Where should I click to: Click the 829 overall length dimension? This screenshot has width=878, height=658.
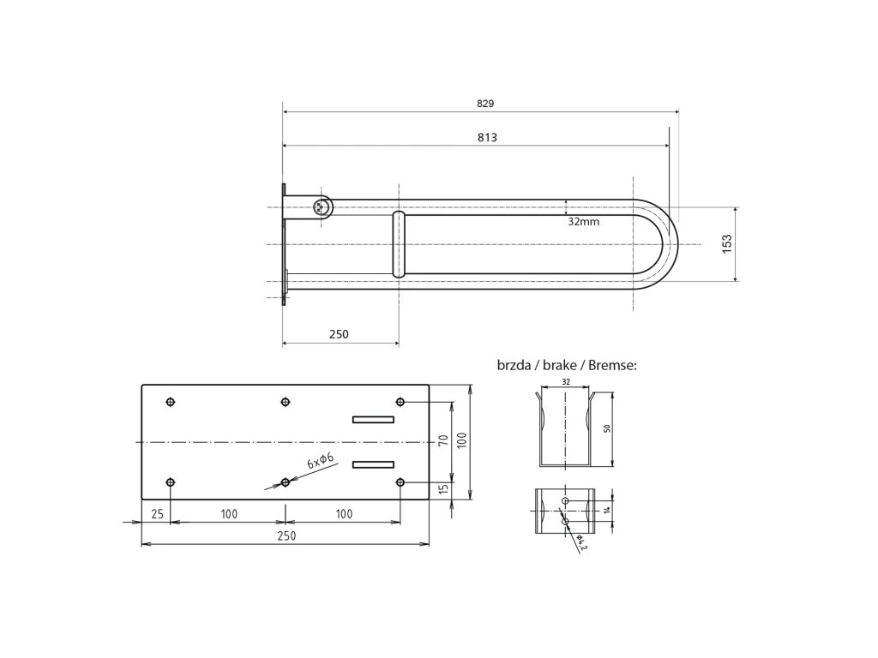click(485, 103)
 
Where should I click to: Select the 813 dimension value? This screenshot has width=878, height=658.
click(487, 137)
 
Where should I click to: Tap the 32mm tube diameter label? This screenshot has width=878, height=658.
click(583, 221)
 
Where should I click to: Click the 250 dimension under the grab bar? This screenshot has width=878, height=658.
click(339, 334)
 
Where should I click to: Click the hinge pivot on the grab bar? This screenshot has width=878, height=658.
click(322, 206)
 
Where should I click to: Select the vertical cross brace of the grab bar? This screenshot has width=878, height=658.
click(399, 245)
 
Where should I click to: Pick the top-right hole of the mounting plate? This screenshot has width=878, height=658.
click(400, 402)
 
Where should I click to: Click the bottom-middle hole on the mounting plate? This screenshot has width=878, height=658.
click(286, 483)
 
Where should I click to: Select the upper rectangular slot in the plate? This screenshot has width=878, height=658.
click(373, 420)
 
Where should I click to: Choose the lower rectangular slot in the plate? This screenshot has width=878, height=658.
click(373, 464)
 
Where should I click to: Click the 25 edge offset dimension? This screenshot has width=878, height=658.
click(156, 514)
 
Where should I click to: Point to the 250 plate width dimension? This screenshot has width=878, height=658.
click(286, 535)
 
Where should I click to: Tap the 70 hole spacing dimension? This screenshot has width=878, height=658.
click(443, 440)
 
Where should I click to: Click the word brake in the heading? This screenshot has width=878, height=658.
click(558, 365)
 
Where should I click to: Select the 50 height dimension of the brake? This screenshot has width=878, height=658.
click(606, 429)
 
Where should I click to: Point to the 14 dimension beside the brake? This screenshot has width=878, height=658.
click(606, 509)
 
